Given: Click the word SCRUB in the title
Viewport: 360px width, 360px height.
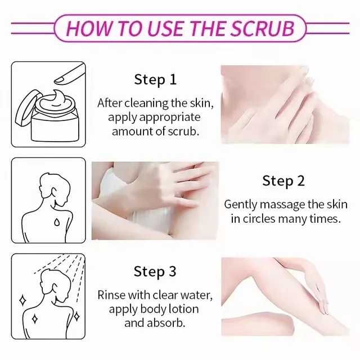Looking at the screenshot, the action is pos(262,29).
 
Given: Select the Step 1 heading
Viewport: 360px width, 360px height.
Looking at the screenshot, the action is pos(155,80).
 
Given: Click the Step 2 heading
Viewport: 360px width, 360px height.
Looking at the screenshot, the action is pos(283,181).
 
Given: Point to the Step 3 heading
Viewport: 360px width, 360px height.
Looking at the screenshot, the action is pos(155,271).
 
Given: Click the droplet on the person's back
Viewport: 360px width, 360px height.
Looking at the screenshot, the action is pos(57,222).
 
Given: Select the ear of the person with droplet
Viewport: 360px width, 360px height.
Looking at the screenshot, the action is pos(55,192).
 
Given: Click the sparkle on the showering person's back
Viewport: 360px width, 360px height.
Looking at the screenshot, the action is pos(35,319).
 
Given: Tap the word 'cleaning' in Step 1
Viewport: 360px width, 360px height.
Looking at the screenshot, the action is pos(146,103).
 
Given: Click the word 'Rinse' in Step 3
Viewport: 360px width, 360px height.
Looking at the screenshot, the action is pos(111,295).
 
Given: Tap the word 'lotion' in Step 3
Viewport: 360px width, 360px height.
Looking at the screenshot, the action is pos(183,309).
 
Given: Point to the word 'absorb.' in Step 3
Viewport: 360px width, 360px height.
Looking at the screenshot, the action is pos(166,323).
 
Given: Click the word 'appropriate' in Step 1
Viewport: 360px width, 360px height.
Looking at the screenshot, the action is pos(170,118).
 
